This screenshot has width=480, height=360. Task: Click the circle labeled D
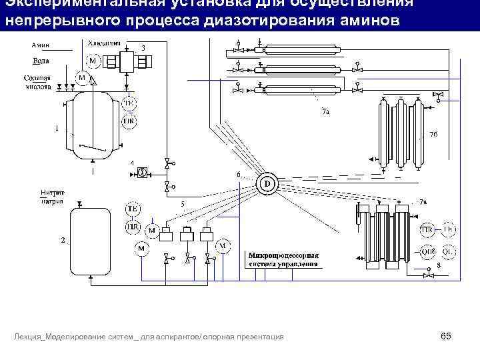pyautogui.click(x=267, y=183)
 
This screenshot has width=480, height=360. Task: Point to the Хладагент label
pyautogui.click(x=104, y=43)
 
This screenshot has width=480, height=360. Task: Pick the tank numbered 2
pyautogui.click(x=90, y=241)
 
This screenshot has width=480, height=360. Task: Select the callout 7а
pyautogui.click(x=325, y=112)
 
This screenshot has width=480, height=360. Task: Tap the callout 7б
pyautogui.click(x=433, y=135)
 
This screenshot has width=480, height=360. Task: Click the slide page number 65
pyautogui.click(x=446, y=336)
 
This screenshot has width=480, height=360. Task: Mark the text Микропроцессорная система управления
pyautogui.click(x=283, y=259)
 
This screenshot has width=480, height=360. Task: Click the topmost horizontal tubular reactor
pyautogui.click(x=294, y=50)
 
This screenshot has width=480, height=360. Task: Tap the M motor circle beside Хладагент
pyautogui.click(x=93, y=61)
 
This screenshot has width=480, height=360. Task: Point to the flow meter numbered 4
pyautogui.click(x=142, y=171)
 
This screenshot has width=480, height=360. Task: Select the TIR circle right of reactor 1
pyautogui.click(x=129, y=121)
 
